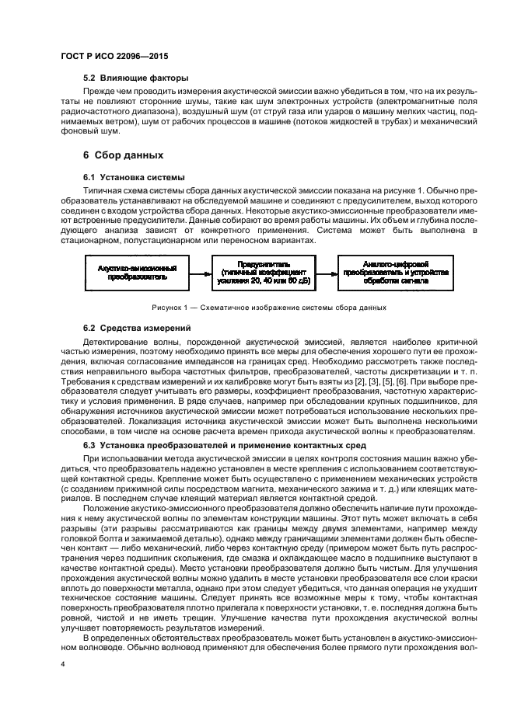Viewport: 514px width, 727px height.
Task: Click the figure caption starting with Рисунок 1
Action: (x=258, y=307)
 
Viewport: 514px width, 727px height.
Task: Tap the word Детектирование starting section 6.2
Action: (x=118, y=343)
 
